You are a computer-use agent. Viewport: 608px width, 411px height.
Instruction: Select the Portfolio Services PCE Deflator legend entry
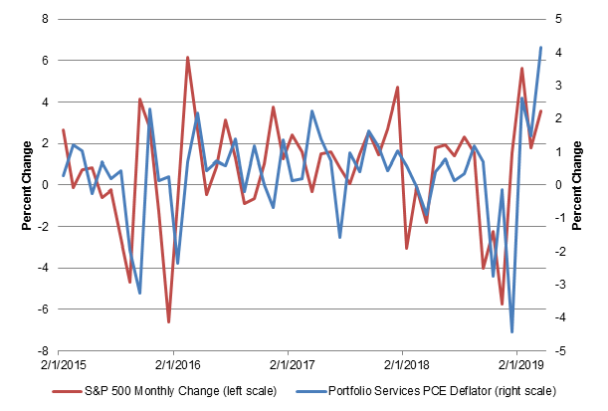(x=438, y=389)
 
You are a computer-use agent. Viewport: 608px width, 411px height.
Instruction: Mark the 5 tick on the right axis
(x=562, y=19)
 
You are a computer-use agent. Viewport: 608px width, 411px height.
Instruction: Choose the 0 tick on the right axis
(x=562, y=185)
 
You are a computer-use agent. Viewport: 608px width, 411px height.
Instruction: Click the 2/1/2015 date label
(x=59, y=364)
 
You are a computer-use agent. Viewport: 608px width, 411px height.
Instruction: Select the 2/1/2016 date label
(x=173, y=364)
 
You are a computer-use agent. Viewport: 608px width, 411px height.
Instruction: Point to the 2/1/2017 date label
(x=288, y=364)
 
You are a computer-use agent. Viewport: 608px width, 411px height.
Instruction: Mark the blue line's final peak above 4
(x=540, y=47)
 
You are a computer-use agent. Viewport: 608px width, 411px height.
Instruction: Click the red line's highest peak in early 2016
(x=187, y=58)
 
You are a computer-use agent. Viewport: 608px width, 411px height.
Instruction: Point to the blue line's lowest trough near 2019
(x=512, y=331)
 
